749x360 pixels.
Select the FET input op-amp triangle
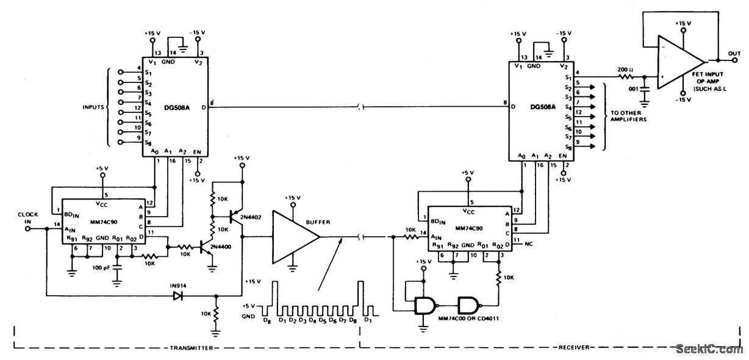pyautogui.click(x=679, y=60)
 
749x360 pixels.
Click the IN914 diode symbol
pyautogui.click(x=177, y=296)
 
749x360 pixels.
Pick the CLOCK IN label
pyautogui.click(x=28, y=218)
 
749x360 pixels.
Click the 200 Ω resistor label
pyautogui.click(x=626, y=70)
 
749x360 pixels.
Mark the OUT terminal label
pyautogui.click(x=736, y=54)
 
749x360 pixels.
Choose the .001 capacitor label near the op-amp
pyautogui.click(x=633, y=88)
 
